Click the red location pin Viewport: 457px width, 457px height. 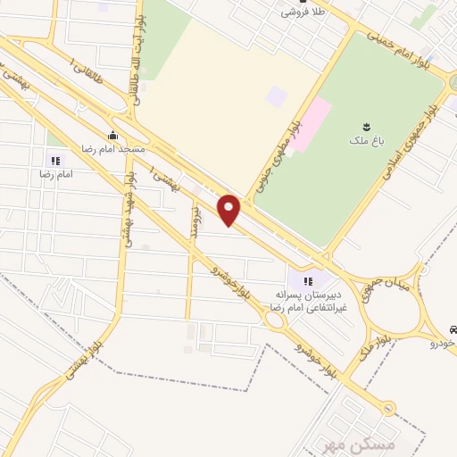230,209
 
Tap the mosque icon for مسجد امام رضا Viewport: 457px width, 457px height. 112,136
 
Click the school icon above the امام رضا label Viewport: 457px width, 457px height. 55,161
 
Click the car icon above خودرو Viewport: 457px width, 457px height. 453,328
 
